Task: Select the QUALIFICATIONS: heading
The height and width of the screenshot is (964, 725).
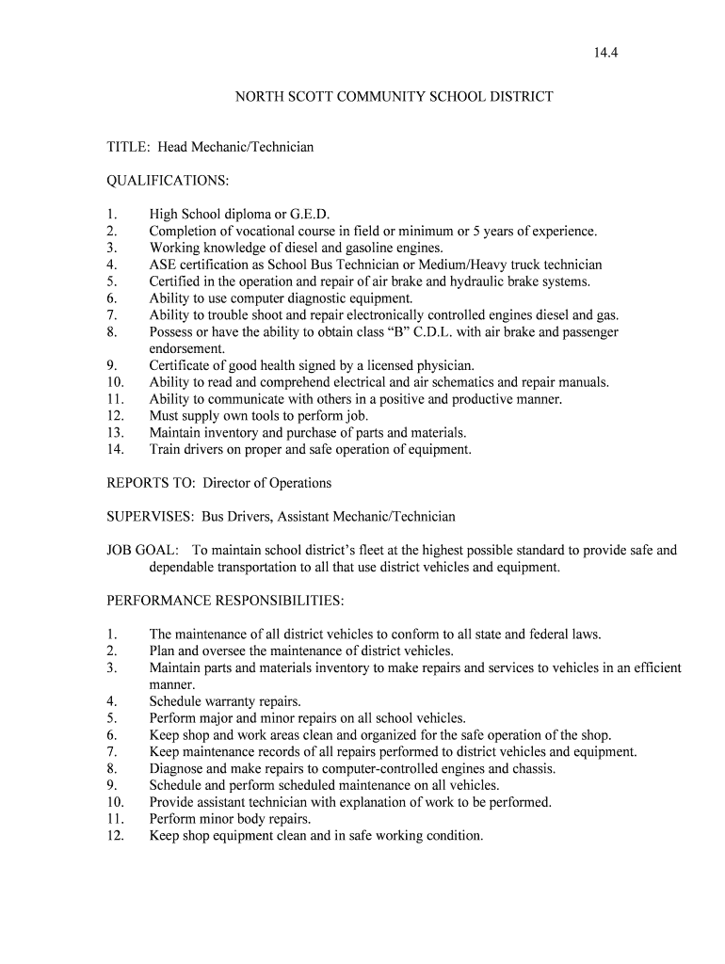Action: click(168, 180)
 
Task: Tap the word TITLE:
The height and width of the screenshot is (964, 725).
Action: click(128, 147)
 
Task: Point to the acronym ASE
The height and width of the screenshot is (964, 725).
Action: click(163, 265)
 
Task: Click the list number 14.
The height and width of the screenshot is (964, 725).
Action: click(115, 450)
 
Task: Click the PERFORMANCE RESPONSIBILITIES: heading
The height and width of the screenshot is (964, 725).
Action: click(225, 601)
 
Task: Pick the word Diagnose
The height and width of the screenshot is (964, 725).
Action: click(177, 768)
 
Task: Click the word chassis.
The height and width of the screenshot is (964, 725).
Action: click(532, 768)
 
